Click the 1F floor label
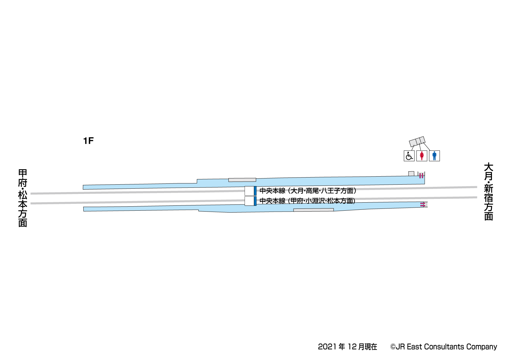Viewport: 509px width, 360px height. click(88, 141)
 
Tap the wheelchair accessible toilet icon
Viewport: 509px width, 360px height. click(409, 156)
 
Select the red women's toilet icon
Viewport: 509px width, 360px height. click(422, 156)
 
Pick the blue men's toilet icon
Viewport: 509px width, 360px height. click(435, 156)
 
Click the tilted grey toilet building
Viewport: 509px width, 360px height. click(417, 142)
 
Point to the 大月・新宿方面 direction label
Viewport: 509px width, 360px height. click(488, 191)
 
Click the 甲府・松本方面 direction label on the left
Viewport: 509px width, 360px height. click(23, 198)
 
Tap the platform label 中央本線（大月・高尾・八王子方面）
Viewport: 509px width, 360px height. click(308, 191)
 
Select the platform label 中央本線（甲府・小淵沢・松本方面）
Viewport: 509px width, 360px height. click(308, 201)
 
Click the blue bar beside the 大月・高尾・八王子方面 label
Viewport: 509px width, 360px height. click(255, 191)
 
